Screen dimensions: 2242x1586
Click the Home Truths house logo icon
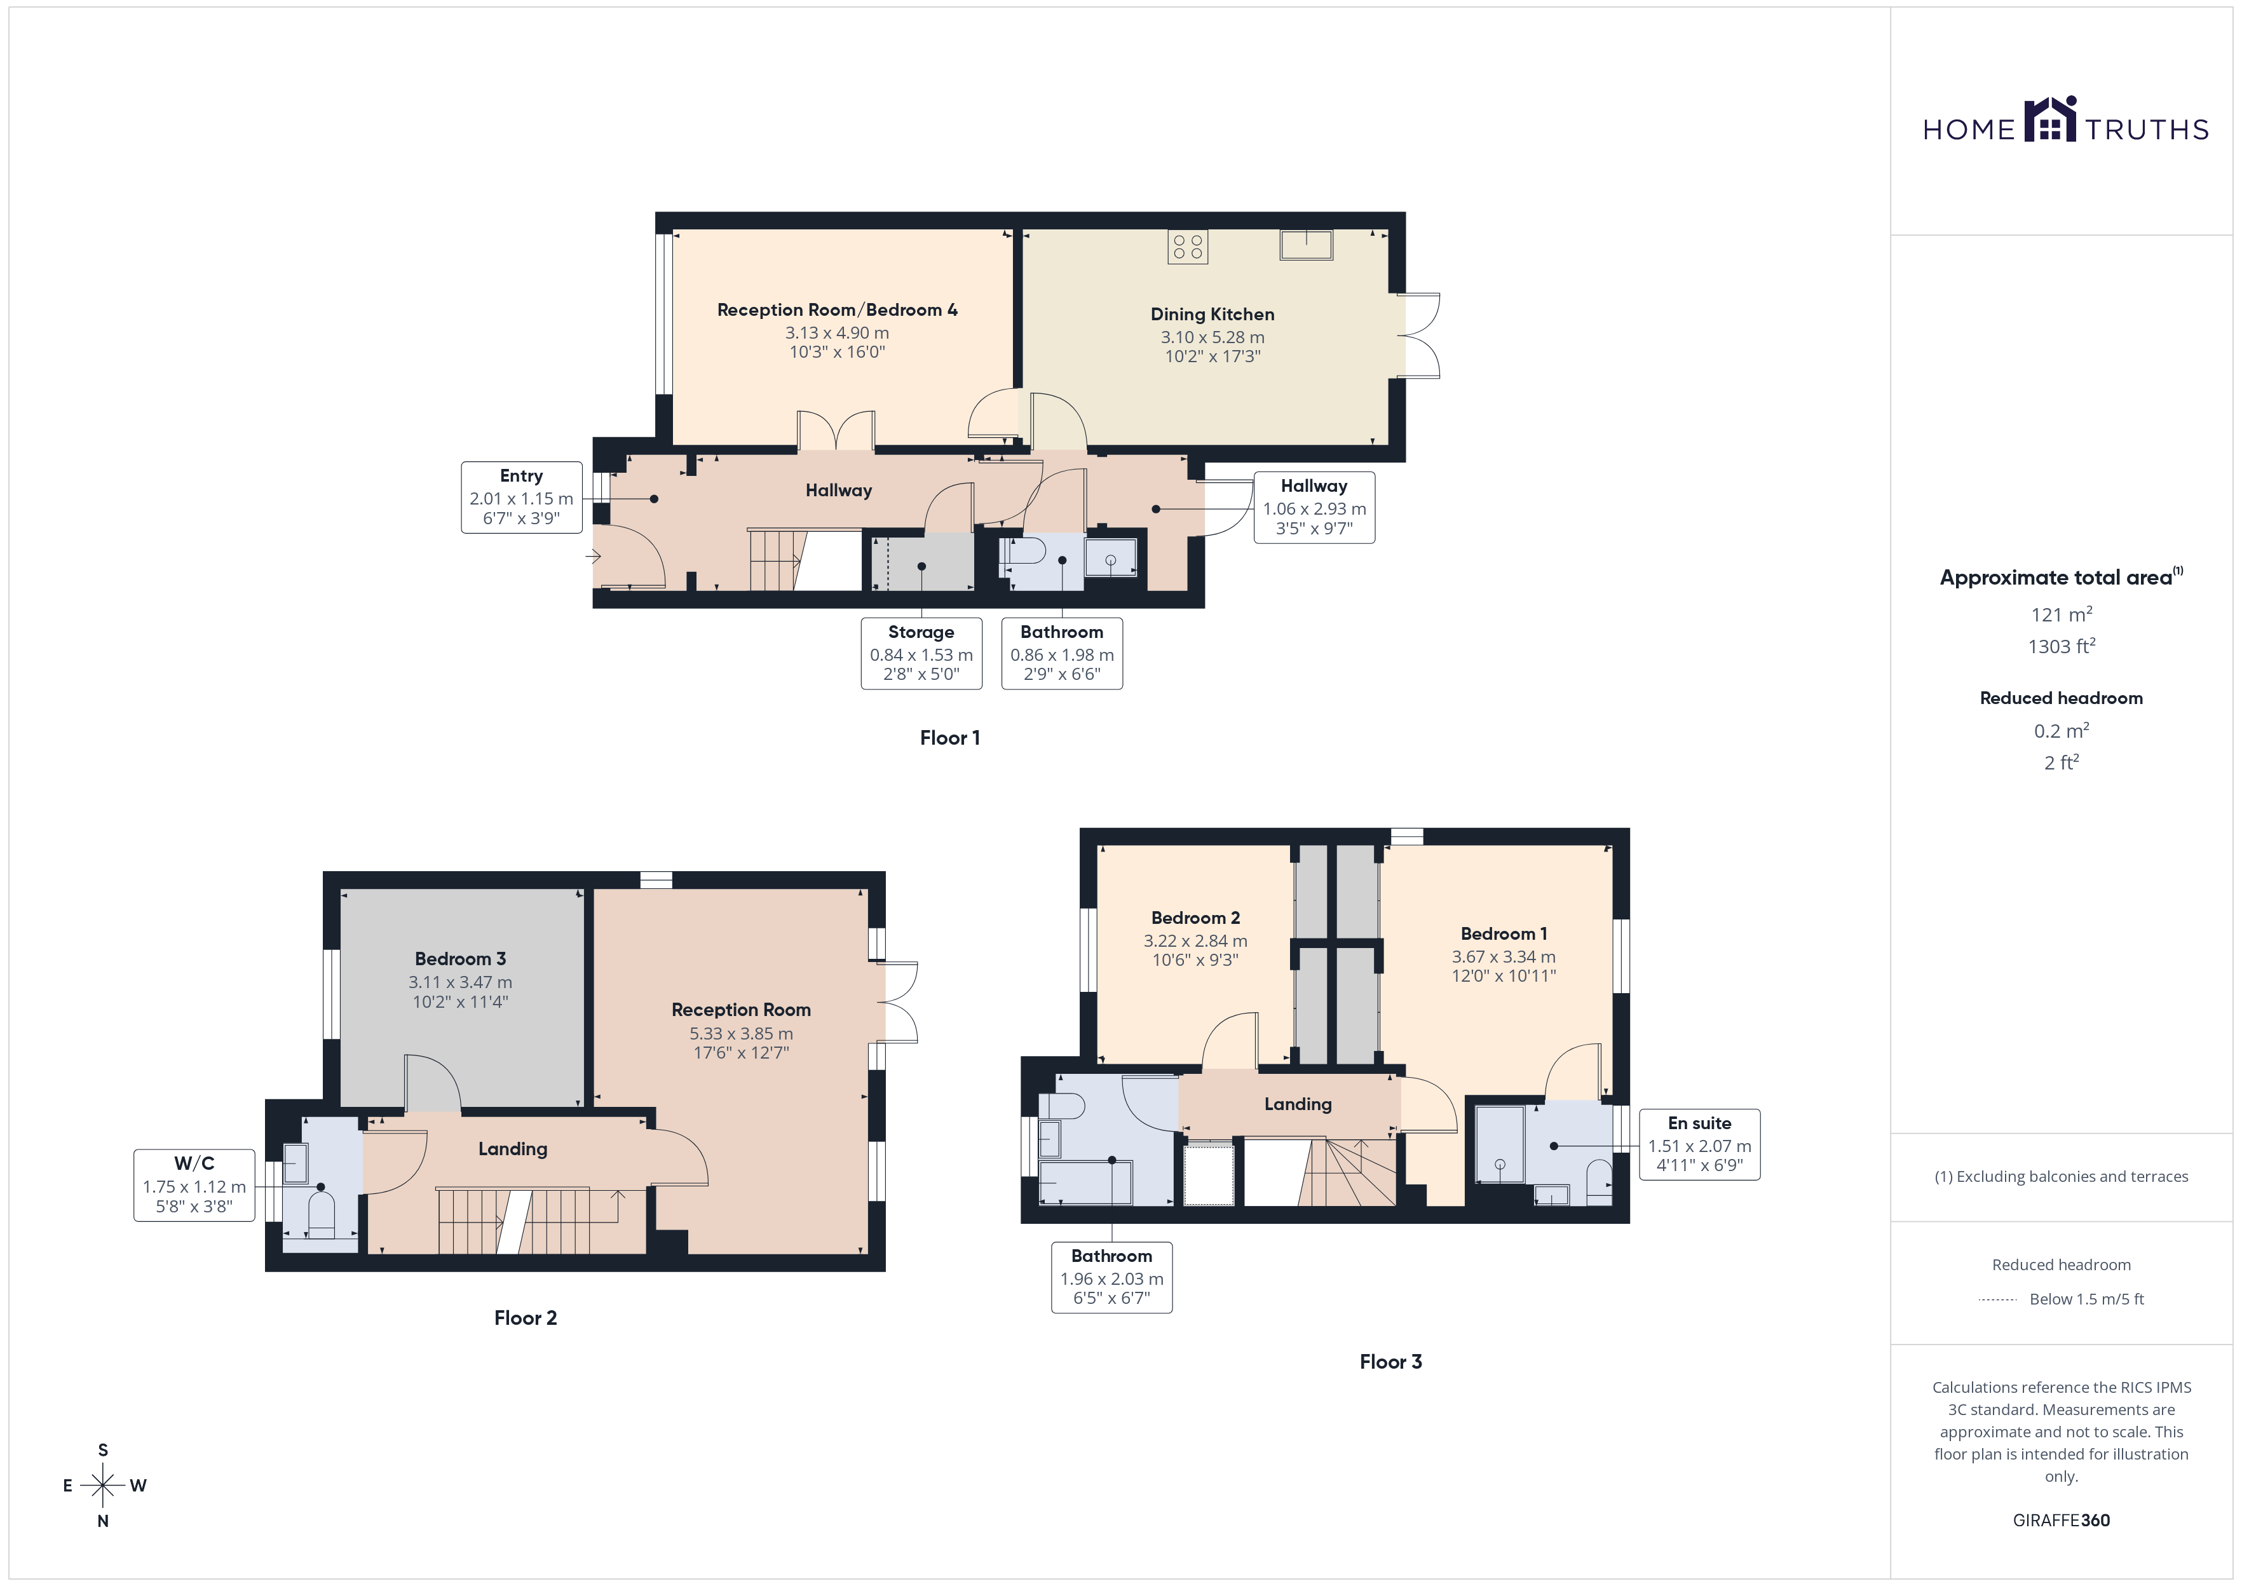pyautogui.click(x=2049, y=119)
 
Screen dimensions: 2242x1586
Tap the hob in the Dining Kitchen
pyautogui.click(x=1187, y=247)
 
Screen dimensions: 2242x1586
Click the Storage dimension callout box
pyautogui.click(x=921, y=653)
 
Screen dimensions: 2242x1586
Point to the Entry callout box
pyautogui.click(x=522, y=497)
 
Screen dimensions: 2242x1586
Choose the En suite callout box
pyautogui.click(x=1699, y=1144)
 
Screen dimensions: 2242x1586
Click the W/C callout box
pyautogui.click(x=194, y=1184)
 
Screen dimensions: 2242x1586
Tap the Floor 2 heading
pyautogui.click(x=526, y=1317)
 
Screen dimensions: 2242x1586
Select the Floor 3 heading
pyautogui.click(x=1390, y=1362)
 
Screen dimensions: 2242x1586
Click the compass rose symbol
pyautogui.click(x=102, y=1486)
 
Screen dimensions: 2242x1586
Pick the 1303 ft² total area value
pyautogui.click(x=2062, y=646)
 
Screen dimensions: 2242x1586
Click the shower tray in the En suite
pyautogui.click(x=1500, y=1144)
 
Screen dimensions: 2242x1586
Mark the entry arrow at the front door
pyautogui.click(x=593, y=557)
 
